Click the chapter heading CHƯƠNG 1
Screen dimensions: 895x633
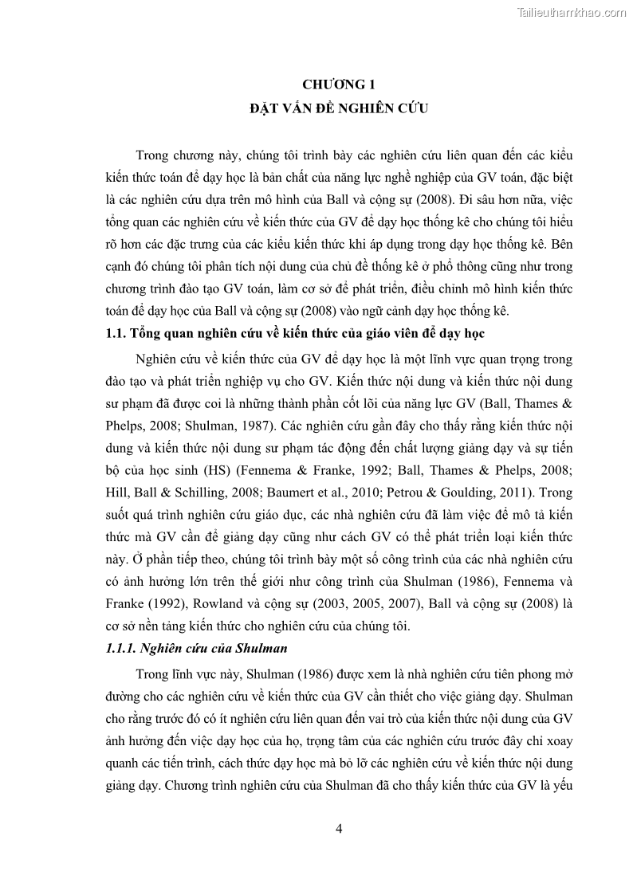[x=337, y=84]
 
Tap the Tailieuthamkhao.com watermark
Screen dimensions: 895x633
[x=572, y=12]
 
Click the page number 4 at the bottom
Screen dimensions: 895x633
[x=339, y=829]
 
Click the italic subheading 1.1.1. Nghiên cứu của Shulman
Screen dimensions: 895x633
[x=196, y=648]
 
